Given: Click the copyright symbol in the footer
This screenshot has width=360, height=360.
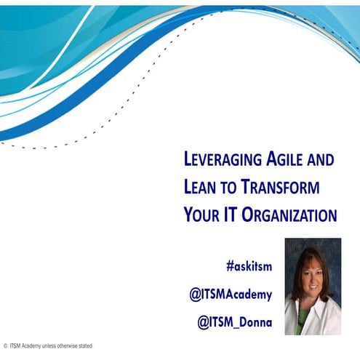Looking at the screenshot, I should click(x=4, y=345).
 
